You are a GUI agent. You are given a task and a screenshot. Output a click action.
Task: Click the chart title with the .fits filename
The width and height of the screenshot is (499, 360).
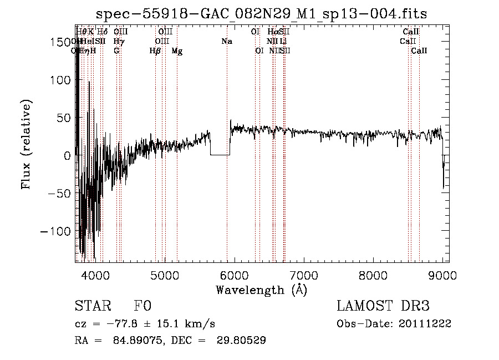[x=261, y=14]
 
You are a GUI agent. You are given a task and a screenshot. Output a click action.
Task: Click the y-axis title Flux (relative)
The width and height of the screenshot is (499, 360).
[x=26, y=144]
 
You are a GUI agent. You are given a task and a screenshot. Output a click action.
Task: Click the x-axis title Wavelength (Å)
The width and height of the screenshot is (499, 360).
[x=261, y=290]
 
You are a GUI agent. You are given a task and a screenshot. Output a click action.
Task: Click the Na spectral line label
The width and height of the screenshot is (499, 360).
[x=227, y=42]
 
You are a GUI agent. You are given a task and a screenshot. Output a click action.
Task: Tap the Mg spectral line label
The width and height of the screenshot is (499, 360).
[x=177, y=51]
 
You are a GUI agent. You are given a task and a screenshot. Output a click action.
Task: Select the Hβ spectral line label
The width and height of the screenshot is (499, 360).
[x=155, y=51]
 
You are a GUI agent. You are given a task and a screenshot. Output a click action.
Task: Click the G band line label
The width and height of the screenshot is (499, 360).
[x=116, y=51]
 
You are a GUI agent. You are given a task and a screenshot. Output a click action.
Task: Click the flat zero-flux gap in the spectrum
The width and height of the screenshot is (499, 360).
[x=220, y=154]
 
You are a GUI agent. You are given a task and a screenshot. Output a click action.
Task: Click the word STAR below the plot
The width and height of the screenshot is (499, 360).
[x=92, y=306]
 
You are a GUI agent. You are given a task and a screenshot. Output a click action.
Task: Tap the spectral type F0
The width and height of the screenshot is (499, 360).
[x=142, y=306]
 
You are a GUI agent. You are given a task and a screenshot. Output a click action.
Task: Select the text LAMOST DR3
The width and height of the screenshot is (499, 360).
[x=383, y=306]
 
